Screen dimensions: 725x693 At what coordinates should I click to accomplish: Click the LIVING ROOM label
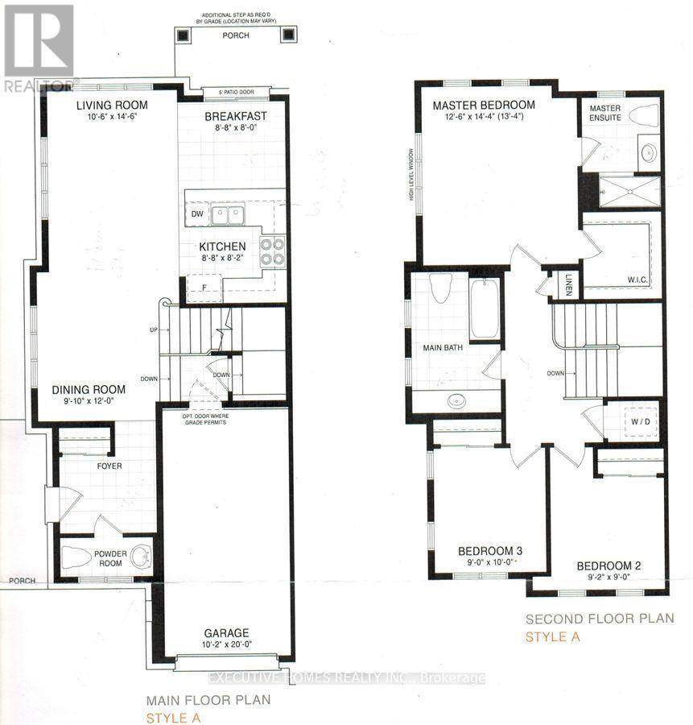click(111, 106)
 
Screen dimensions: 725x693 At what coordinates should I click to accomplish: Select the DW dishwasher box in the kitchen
click(197, 214)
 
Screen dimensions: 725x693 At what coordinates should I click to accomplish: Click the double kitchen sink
click(229, 214)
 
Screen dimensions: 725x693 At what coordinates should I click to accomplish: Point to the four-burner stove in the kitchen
click(273, 251)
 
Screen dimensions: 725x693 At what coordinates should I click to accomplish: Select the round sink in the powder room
click(141, 556)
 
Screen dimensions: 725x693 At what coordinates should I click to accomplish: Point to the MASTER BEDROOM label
click(483, 106)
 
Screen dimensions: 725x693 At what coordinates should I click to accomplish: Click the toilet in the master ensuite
click(644, 116)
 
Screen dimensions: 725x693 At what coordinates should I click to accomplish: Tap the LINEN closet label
click(567, 285)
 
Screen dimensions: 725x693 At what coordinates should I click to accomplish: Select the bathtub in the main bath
click(485, 309)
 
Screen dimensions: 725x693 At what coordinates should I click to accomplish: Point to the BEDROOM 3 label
click(486, 551)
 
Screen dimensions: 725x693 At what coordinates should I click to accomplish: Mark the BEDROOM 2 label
click(608, 565)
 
